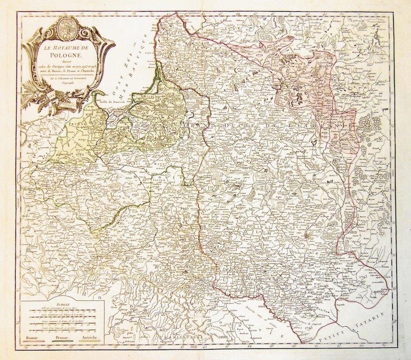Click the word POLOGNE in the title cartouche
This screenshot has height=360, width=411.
59,55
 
